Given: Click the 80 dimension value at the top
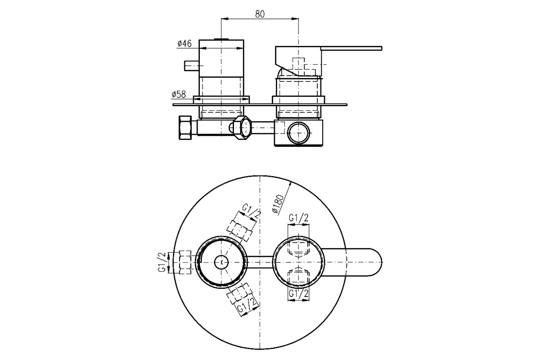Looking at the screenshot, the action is [260, 14].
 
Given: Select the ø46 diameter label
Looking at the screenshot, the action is [184, 44].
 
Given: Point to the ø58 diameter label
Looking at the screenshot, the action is [179, 94].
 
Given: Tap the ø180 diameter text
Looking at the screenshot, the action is [278, 204].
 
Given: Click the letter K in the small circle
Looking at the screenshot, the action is [222, 262].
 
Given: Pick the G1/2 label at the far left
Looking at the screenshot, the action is [162, 262].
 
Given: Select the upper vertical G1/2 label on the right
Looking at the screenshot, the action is [299, 218].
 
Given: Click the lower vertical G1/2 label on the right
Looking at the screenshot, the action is [299, 294].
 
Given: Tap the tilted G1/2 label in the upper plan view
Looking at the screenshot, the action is [252, 211].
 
